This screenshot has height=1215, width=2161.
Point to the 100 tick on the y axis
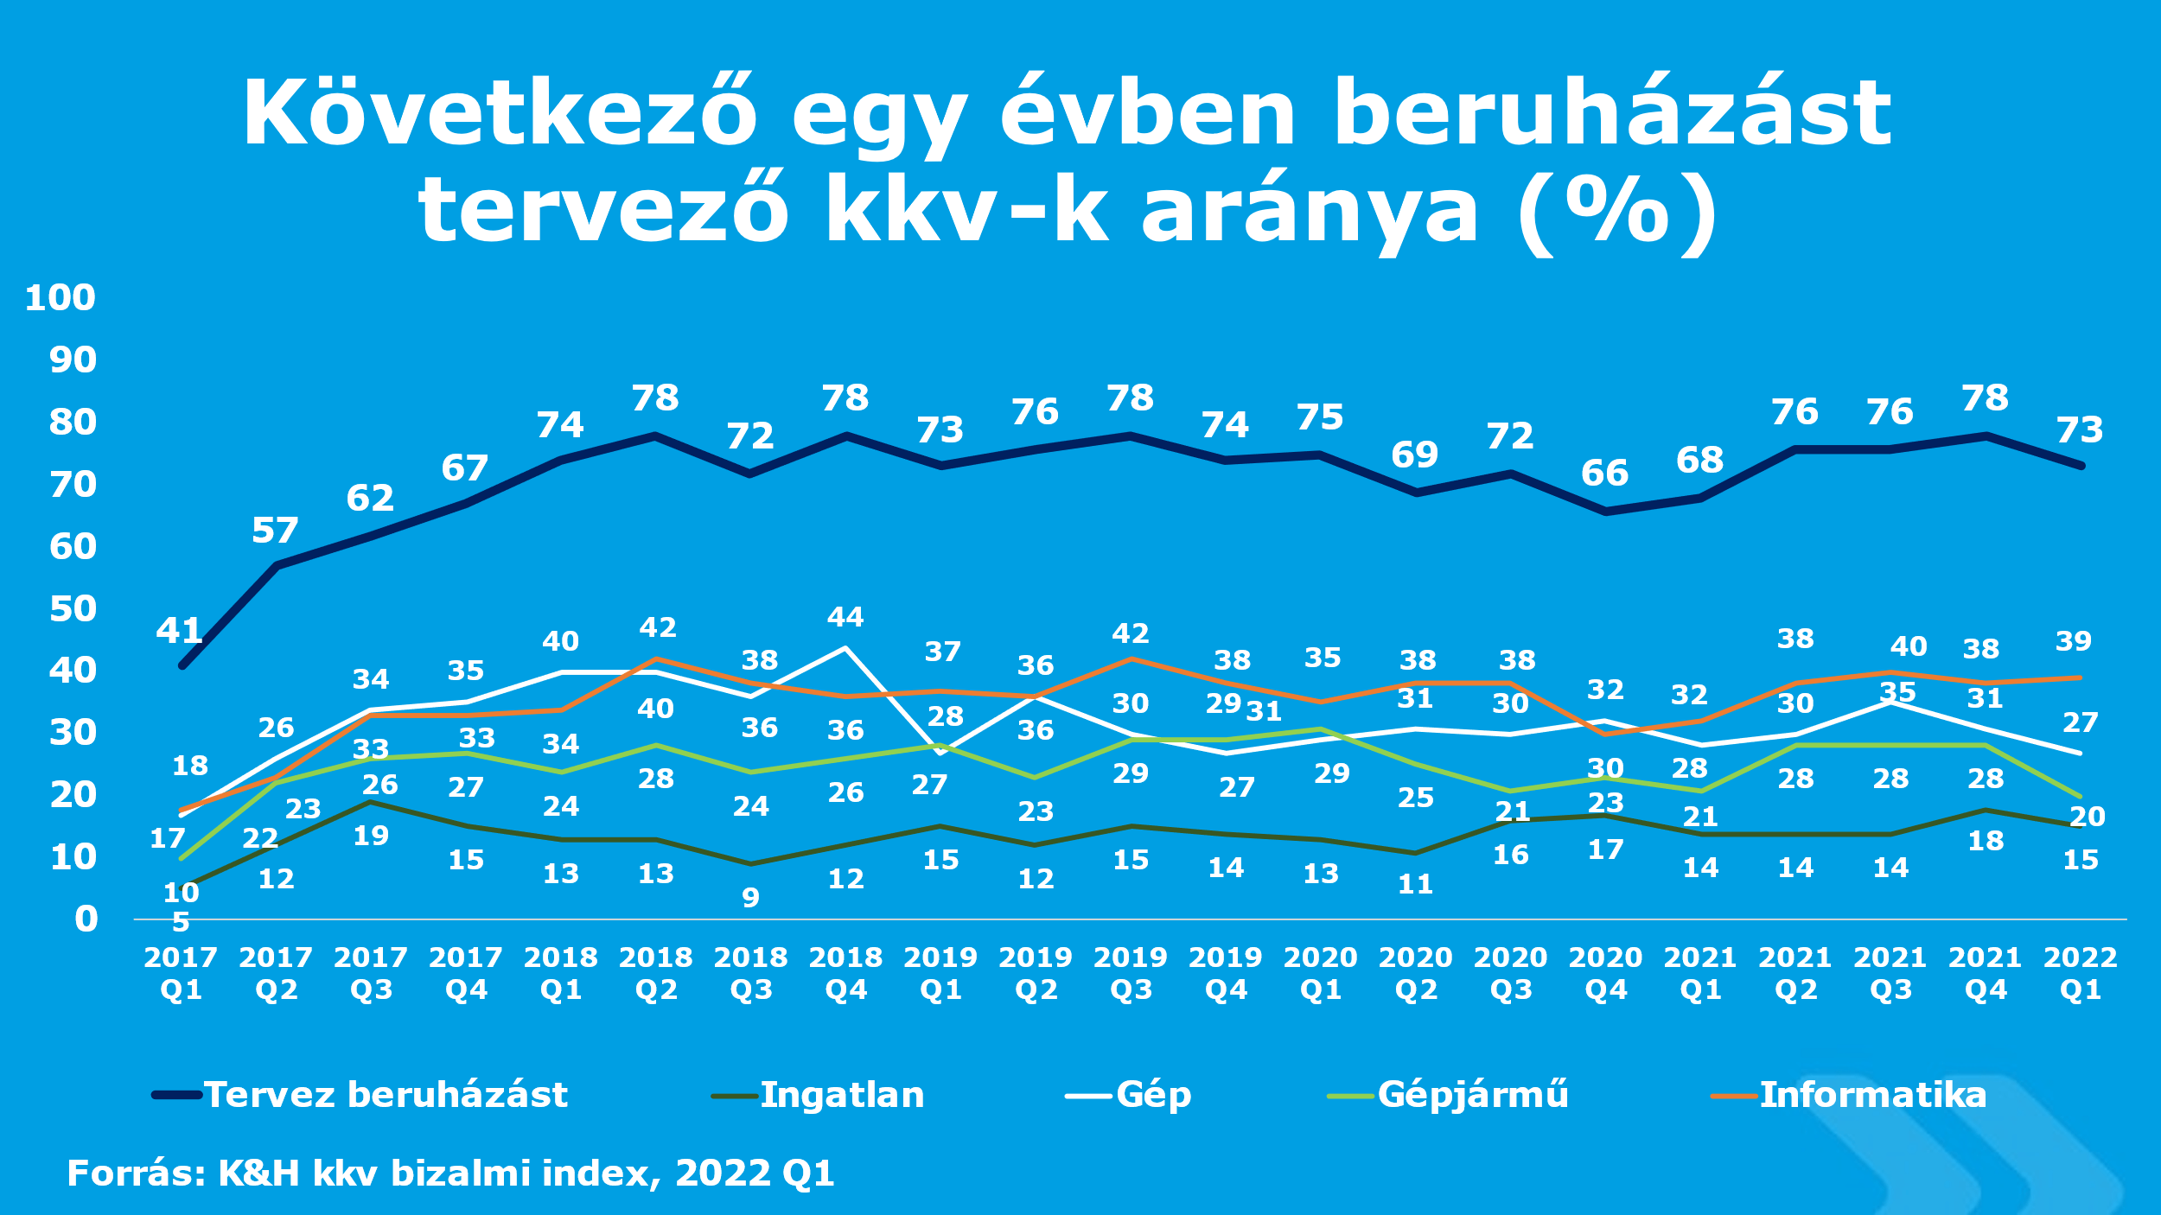(x=60, y=298)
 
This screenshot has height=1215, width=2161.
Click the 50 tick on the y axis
(x=73, y=609)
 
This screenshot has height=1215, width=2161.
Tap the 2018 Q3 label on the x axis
(x=750, y=973)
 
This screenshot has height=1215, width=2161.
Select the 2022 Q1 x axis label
(x=2081, y=973)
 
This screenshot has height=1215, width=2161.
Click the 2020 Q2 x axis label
(x=1416, y=973)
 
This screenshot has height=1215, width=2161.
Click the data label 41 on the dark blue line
(x=180, y=631)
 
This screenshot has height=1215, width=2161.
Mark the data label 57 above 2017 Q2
(x=275, y=531)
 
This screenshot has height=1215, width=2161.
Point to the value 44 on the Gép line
(x=845, y=617)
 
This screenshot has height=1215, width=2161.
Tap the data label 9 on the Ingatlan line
(x=750, y=898)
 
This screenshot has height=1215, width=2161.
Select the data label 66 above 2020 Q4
(x=1605, y=474)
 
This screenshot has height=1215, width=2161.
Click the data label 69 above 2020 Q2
(x=1415, y=455)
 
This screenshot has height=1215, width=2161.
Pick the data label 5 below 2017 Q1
(x=181, y=922)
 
